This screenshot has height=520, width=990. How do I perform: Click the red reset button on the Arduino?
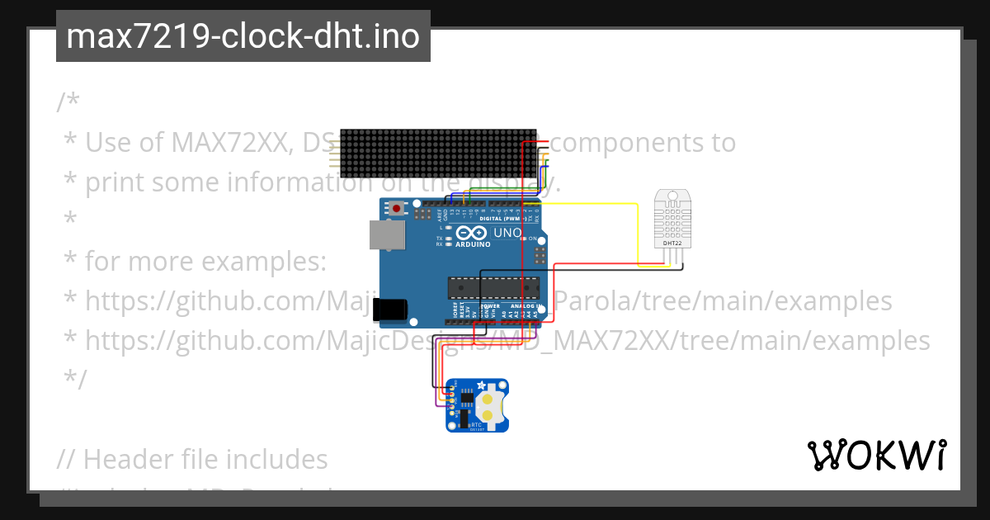(398, 209)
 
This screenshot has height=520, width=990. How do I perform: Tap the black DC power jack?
(389, 310)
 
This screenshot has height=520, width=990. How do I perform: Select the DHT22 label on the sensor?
(672, 243)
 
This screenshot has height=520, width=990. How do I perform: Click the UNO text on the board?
(507, 234)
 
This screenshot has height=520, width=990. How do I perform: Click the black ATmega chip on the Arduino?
(493, 287)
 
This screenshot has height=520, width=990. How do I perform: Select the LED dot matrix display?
(437, 153)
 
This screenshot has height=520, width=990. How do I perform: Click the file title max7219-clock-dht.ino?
(243, 37)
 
